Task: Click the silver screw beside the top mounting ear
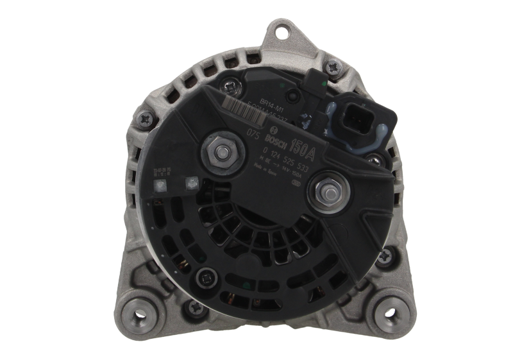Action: click(x=332, y=64)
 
